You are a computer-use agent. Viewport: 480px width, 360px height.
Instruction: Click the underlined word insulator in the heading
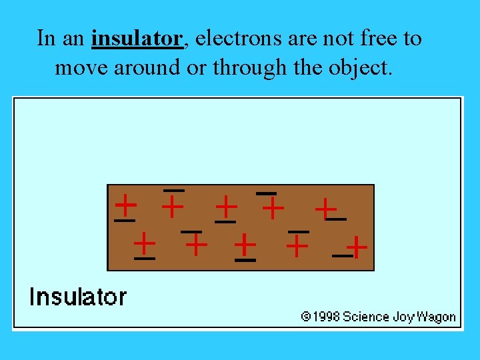click(137, 39)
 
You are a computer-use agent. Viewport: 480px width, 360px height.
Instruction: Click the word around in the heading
click(141, 67)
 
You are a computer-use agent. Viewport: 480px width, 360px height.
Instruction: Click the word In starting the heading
click(46, 39)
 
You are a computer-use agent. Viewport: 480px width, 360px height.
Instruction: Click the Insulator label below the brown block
click(77, 297)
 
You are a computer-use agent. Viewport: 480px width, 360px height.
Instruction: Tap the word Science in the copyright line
click(366, 317)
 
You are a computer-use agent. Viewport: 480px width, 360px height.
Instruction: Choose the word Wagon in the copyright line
click(437, 317)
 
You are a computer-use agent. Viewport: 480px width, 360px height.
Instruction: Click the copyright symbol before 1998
click(305, 317)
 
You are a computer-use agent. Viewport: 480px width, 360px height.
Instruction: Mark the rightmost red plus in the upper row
click(325, 209)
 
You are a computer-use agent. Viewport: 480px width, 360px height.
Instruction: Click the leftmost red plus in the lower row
click(144, 243)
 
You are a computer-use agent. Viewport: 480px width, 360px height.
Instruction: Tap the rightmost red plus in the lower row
click(357, 247)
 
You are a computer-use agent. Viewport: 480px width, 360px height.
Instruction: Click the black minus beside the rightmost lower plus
click(341, 255)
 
